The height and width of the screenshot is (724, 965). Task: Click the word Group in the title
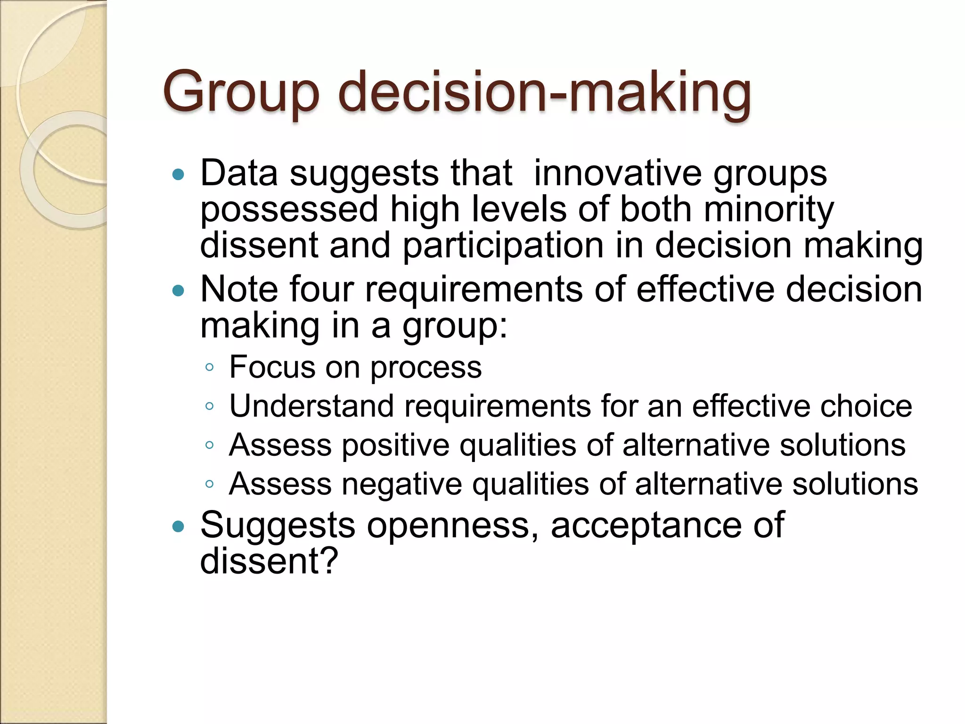tap(241, 92)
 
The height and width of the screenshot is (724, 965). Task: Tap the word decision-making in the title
tap(544, 92)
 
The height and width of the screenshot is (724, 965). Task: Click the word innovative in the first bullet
tap(617, 173)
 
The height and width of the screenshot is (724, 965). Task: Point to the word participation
tap(503, 246)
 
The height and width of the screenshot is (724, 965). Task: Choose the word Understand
tap(311, 406)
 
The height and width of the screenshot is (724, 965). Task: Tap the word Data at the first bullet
tap(239, 173)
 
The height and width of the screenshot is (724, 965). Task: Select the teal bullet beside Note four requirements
tap(178, 291)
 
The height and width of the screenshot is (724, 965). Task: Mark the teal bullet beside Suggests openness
tap(178, 527)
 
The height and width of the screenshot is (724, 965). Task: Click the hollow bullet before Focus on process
tap(210, 367)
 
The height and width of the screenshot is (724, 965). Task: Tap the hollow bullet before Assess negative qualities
tap(210, 484)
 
